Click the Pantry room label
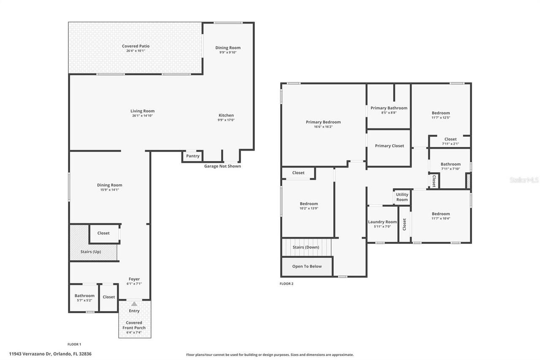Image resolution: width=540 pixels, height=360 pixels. coord(193,156)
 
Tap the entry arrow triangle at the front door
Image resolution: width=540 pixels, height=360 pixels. coord(134,303)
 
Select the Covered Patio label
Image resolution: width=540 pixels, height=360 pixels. coord(135,46)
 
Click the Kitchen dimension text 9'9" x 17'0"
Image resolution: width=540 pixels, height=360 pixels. coord(226,120)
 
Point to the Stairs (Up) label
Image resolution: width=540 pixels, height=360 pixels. coord(91,252)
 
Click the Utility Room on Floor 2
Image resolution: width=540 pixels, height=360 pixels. coord(402,197)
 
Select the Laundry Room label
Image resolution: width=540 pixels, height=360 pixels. coord(382,222)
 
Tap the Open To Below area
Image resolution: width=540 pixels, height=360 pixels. coord(307,266)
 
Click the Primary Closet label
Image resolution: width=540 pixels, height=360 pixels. coord(389,146)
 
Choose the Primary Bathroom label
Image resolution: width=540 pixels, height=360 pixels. coord(389,108)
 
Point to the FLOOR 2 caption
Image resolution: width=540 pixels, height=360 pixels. coord(286,284)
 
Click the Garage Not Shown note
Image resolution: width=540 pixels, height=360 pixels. coord(222,166)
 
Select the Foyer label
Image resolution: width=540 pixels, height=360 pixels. coord(134,279)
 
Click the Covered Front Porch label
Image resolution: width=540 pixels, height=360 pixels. coord(134,325)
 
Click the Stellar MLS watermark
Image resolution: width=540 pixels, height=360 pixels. coord(524,180)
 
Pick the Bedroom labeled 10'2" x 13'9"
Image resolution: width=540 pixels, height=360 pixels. coord(309,204)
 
